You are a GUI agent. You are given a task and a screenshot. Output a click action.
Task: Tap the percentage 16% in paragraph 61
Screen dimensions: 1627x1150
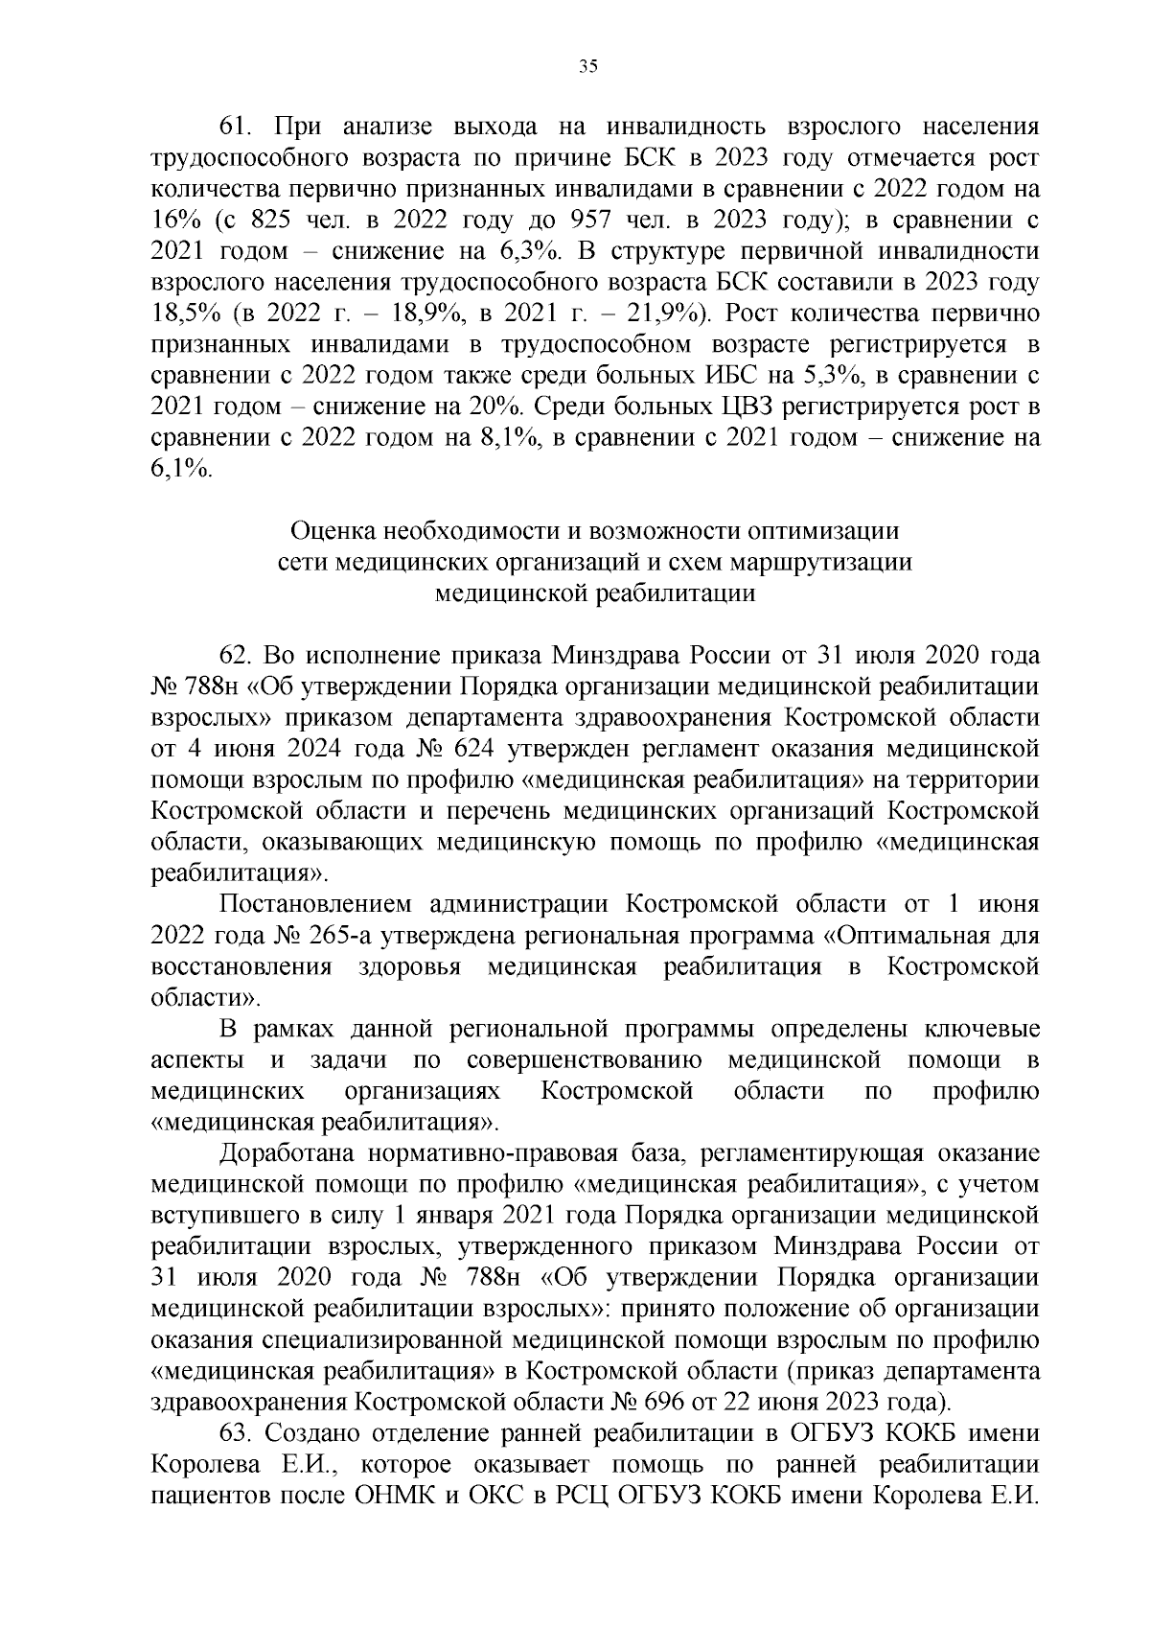173,221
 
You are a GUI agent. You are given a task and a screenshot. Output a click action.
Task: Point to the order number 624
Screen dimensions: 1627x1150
476,749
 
